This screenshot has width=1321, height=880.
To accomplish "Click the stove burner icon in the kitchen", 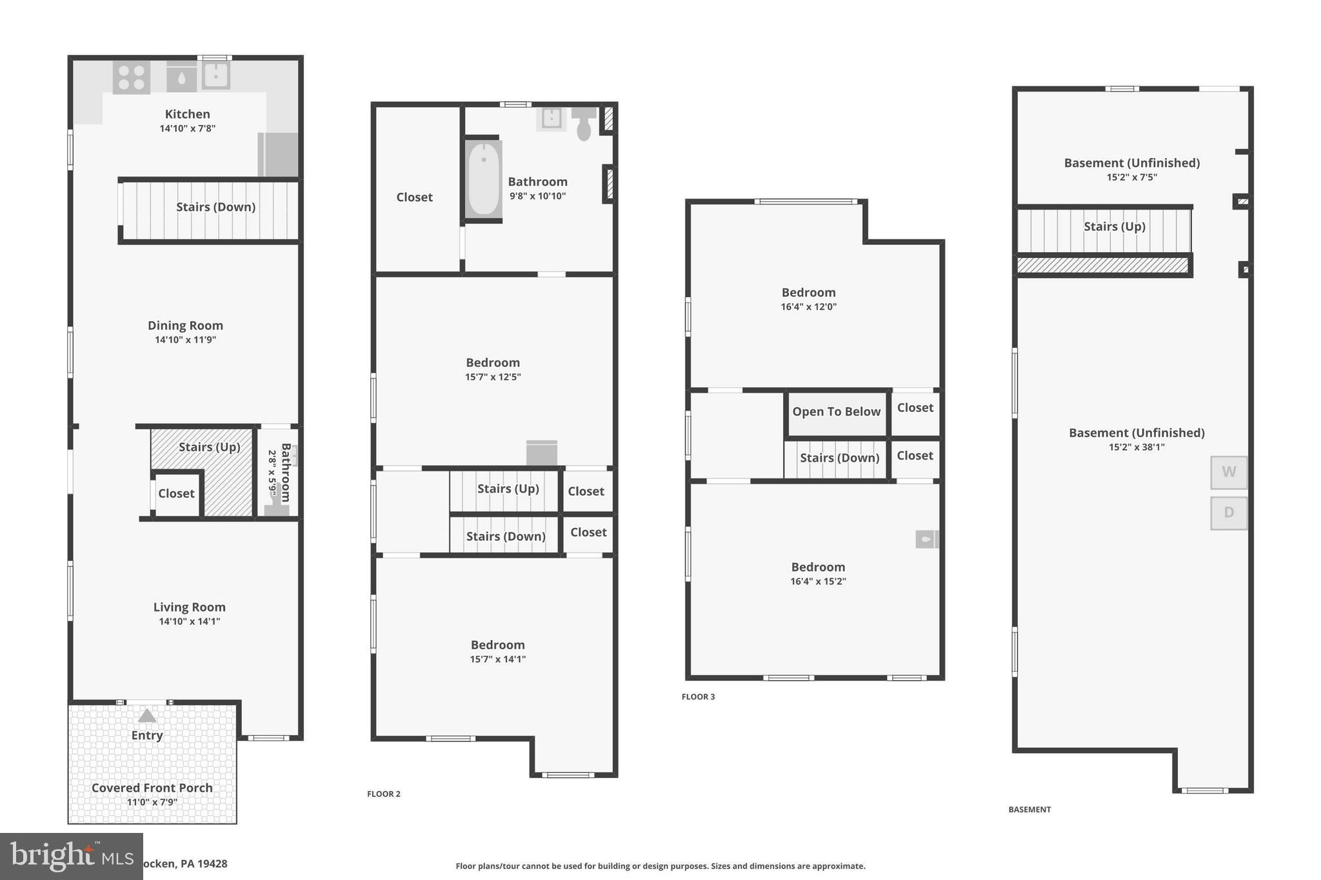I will coord(132,77).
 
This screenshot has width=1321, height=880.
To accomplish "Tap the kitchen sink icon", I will coord(216,75).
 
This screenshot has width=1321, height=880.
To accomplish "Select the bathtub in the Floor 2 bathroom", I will coord(483,179).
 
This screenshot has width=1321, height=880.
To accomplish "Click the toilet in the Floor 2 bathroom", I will coord(584,124).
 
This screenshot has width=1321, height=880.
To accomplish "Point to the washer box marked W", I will coord(1228,472).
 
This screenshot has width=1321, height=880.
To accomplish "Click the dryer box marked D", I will coord(1228,513).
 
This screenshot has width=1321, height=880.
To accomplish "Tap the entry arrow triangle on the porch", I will coord(147,716).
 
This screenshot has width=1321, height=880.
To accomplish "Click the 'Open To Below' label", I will coord(836,412).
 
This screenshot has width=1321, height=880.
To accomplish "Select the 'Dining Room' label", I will coord(185,326).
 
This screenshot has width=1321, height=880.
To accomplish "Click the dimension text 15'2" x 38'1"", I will coord(1137,447).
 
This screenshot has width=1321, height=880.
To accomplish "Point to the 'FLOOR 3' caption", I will coord(698,696).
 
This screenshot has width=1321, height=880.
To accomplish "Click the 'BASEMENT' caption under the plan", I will coord(1029,809).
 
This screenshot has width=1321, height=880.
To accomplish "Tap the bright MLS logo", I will coord(72,856).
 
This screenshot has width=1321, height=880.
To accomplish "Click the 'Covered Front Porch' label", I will coord(152,788).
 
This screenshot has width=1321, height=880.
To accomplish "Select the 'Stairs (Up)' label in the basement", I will coord(1114,226).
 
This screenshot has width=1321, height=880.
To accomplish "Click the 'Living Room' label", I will coord(189,607).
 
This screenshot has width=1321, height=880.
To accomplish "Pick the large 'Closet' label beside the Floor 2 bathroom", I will coord(414,197).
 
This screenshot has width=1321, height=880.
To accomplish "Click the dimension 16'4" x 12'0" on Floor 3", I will coord(808,307).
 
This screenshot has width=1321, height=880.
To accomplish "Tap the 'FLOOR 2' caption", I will coord(384,794).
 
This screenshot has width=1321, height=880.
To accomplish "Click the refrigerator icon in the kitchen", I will coord(278,155).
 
